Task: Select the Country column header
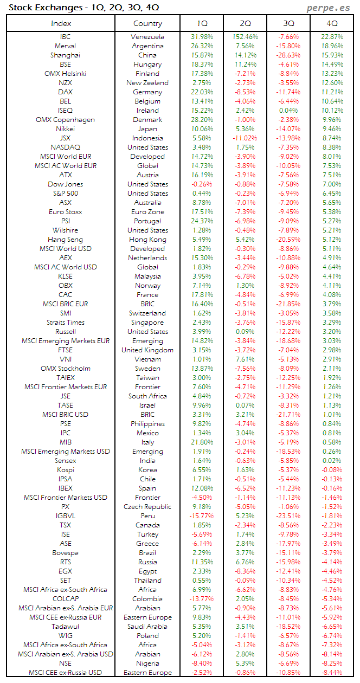[147, 23]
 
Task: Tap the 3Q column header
[288, 23]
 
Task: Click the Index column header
[61, 23]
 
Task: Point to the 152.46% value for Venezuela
[245, 37]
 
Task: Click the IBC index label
[65, 37]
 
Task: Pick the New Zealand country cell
[147, 83]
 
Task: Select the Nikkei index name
[65, 129]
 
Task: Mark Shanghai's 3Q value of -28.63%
[288, 55]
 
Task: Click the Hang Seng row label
[65, 240]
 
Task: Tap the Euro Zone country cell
[147, 212]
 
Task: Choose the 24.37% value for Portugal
[202, 221]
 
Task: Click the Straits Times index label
[65, 323]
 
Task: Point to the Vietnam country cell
[147, 359]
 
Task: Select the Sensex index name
[65, 461]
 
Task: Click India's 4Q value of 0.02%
[332, 461]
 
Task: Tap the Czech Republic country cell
[147, 507]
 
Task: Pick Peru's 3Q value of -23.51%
[288, 516]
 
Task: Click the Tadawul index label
[65, 627]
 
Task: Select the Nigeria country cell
[147, 663]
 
